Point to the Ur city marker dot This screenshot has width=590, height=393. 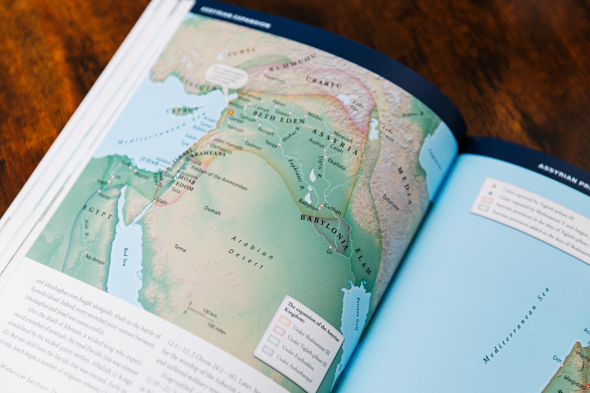click(330, 247)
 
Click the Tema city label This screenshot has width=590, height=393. click(180, 248)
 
